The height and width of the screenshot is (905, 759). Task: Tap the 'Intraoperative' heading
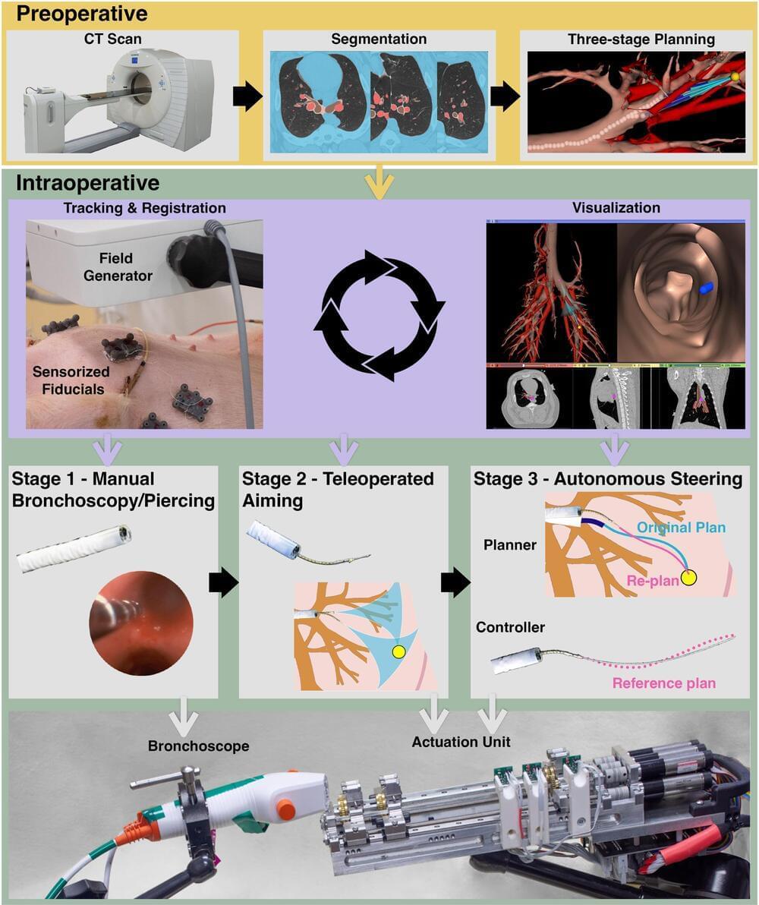click(x=87, y=183)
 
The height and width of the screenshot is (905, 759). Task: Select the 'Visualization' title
click(x=616, y=207)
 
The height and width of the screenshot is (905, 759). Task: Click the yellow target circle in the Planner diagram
click(x=689, y=579)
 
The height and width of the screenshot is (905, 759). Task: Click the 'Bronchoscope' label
click(x=199, y=746)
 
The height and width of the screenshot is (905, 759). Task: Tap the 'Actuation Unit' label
click(x=461, y=740)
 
